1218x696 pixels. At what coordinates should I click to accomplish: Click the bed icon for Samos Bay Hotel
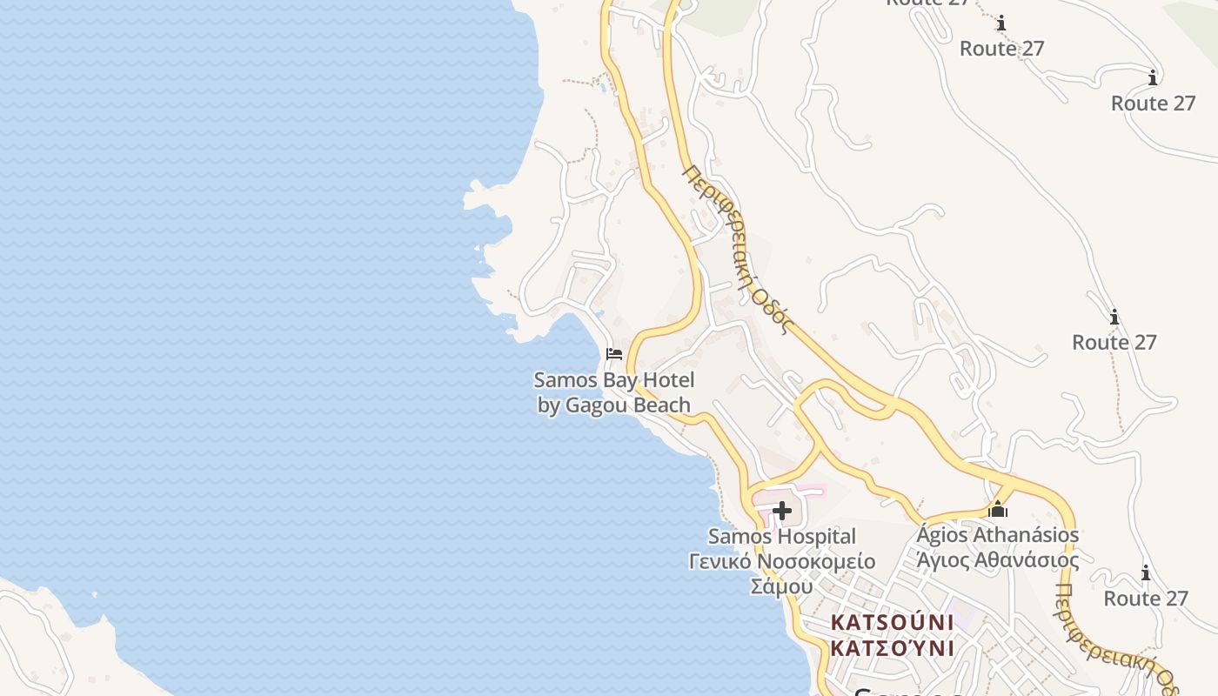pos(614,353)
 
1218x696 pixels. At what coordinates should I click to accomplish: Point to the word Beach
pos(663,405)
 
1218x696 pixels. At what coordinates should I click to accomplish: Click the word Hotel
pos(667,380)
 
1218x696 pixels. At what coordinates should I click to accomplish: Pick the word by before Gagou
pos(549,405)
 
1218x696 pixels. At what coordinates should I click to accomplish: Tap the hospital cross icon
pos(781,511)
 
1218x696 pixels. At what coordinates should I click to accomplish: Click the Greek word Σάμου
pos(781,586)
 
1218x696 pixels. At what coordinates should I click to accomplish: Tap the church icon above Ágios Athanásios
pos(998,509)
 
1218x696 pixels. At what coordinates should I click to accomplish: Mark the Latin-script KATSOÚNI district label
pos(892,623)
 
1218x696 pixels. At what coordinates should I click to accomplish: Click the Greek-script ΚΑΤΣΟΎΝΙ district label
pos(892,649)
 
